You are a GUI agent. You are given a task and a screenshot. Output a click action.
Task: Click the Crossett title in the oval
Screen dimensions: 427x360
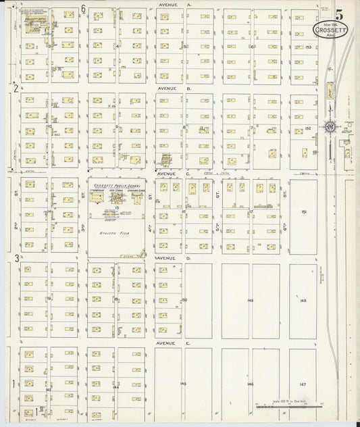tap(331, 30)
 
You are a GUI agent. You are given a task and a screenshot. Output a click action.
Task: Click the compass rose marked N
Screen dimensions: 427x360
tap(330, 126)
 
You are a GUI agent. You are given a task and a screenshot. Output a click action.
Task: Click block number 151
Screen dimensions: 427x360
tap(304, 212)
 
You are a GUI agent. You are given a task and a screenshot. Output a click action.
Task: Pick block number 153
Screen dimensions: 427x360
tap(308, 47)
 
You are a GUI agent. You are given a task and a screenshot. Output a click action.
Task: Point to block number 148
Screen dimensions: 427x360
tap(303, 300)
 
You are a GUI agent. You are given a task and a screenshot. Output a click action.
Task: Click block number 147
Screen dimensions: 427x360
tap(303, 384)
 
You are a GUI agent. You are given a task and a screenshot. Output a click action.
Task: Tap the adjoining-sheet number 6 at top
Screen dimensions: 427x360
tap(83, 9)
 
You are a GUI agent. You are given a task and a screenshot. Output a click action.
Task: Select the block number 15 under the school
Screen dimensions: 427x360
tap(116, 207)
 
